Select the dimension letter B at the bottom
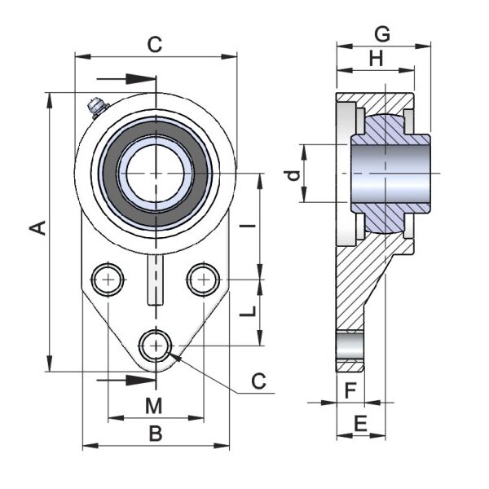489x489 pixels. point(155,434)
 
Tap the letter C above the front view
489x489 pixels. point(155,45)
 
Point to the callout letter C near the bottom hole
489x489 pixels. point(259,381)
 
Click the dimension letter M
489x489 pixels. point(155,405)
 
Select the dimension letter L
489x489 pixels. point(252,311)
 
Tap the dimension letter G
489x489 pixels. point(380,33)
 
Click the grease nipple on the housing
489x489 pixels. point(96,106)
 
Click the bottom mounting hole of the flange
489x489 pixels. point(155,346)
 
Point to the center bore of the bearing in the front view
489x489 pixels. point(155,174)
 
